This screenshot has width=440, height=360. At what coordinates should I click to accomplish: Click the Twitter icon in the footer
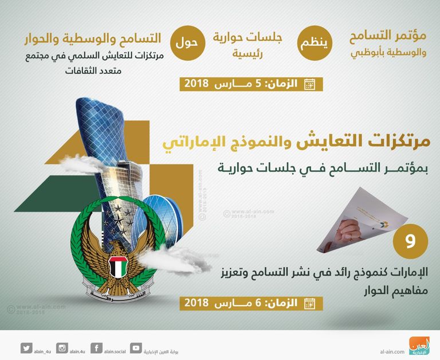tap(26, 347)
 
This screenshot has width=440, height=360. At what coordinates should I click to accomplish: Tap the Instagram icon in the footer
tap(62, 347)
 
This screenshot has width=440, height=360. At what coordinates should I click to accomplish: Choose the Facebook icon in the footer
tap(97, 347)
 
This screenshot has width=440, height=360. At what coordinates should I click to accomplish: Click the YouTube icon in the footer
tap(135, 347)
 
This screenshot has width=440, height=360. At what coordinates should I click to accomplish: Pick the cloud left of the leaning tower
tap(77, 166)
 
